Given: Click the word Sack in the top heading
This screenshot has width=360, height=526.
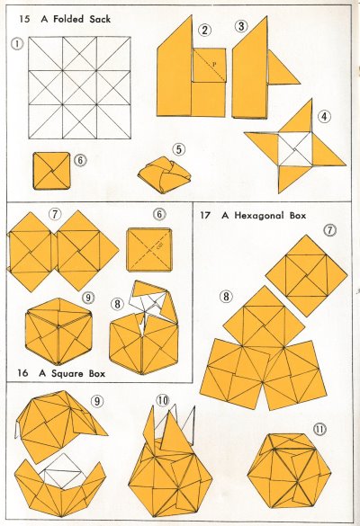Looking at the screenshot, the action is point(100,19).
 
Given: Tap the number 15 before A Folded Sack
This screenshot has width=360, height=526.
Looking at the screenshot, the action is point(24,19).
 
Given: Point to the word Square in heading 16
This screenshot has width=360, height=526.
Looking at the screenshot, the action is point(67,373).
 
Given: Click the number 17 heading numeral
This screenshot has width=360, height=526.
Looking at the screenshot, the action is point(205,215).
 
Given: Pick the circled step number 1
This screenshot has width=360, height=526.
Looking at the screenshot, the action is point(17,43).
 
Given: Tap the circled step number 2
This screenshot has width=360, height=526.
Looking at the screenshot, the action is point(204,30).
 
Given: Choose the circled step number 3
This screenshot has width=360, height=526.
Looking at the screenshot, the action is point(241,26).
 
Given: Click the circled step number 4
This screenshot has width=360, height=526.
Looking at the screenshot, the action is point(324,116).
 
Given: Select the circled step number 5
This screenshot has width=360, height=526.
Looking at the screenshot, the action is point(179,149).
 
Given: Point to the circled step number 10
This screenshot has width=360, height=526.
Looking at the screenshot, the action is point(163,400).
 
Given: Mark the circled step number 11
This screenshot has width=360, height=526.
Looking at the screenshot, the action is point(319,429).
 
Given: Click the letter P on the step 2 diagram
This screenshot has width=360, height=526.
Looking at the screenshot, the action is point(214,64).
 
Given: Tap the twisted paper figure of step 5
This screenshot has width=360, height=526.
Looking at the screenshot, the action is point(164,175).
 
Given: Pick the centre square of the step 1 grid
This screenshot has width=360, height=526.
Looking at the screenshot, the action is point(79,87).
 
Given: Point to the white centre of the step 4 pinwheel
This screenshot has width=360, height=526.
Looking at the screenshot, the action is point(295,149).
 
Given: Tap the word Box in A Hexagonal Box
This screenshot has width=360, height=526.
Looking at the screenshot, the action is point(298,216).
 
